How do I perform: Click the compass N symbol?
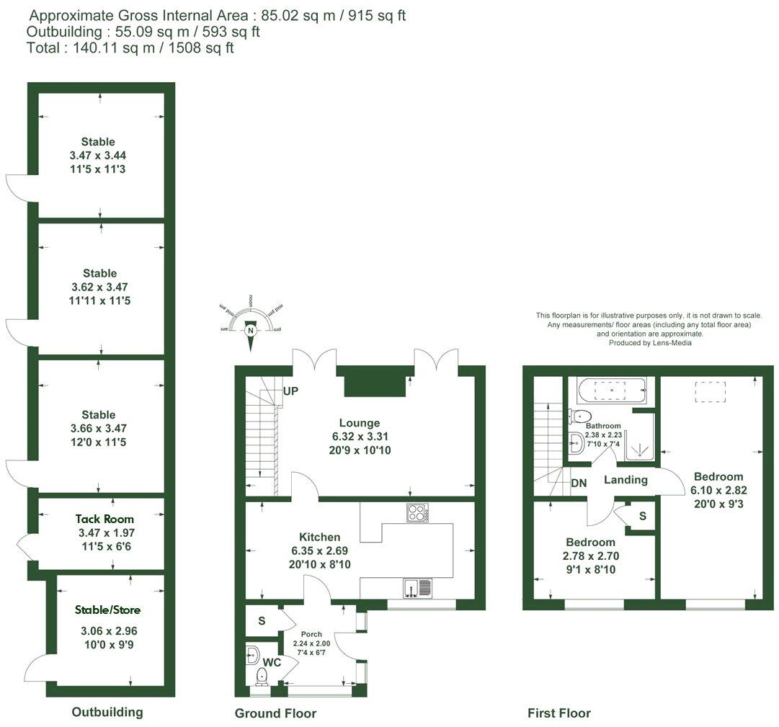[251, 331]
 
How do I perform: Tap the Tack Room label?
[105, 519]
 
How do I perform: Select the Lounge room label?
[360, 423]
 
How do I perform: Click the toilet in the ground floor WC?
[263, 675]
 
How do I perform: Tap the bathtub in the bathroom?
[613, 391]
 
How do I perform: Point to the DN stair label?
[579, 483]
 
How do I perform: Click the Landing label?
[626, 480]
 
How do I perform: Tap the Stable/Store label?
[107, 610]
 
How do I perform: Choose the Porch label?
[312, 634]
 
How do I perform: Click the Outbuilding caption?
[107, 712]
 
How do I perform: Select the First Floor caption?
[558, 713]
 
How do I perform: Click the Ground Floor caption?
[275, 713]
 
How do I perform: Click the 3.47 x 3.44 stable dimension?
[98, 155]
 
